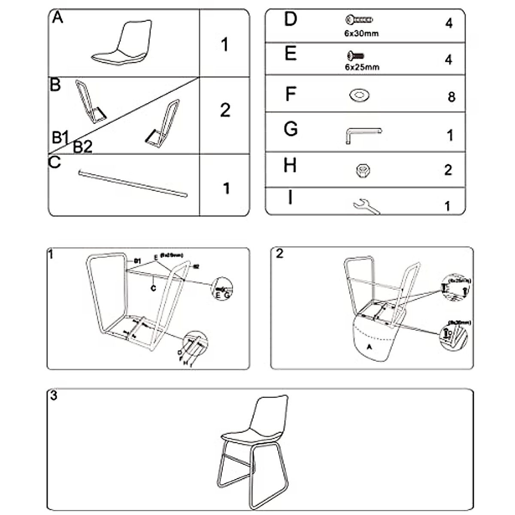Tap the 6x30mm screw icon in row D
[359, 19]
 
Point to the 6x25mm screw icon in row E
[355, 55]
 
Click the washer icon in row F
[360, 95]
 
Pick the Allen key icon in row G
[363, 134]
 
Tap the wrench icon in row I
[366, 206]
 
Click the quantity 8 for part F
[451, 97]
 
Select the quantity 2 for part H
[448, 170]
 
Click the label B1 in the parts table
[61, 137]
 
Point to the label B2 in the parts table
[82, 147]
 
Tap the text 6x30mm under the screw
[361, 33]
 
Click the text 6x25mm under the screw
[362, 67]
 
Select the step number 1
[51, 254]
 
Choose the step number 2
[280, 254]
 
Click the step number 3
[53, 395]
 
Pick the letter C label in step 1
[153, 288]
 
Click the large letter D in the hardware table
[291, 19]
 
